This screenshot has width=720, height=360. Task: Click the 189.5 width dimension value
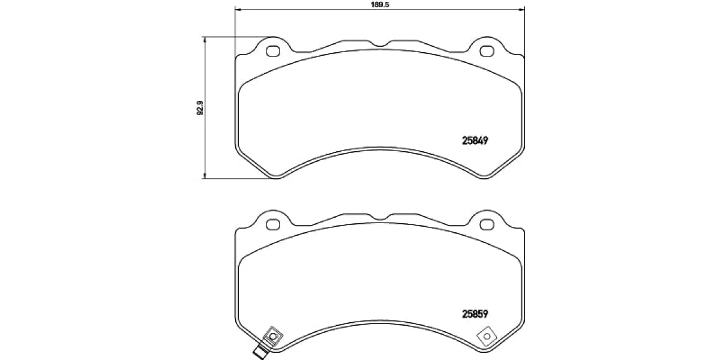pos(380,5)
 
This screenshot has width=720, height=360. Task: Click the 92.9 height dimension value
pos(200,108)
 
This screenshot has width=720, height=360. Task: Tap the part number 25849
pos(475,141)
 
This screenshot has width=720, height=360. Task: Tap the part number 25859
pos(475,314)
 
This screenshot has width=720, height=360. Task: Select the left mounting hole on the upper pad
pos(273,51)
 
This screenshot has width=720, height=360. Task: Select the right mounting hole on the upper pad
pos(487,51)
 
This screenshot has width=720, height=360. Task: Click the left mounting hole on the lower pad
pos(273,224)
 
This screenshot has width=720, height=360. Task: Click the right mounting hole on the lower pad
pos(487,224)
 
